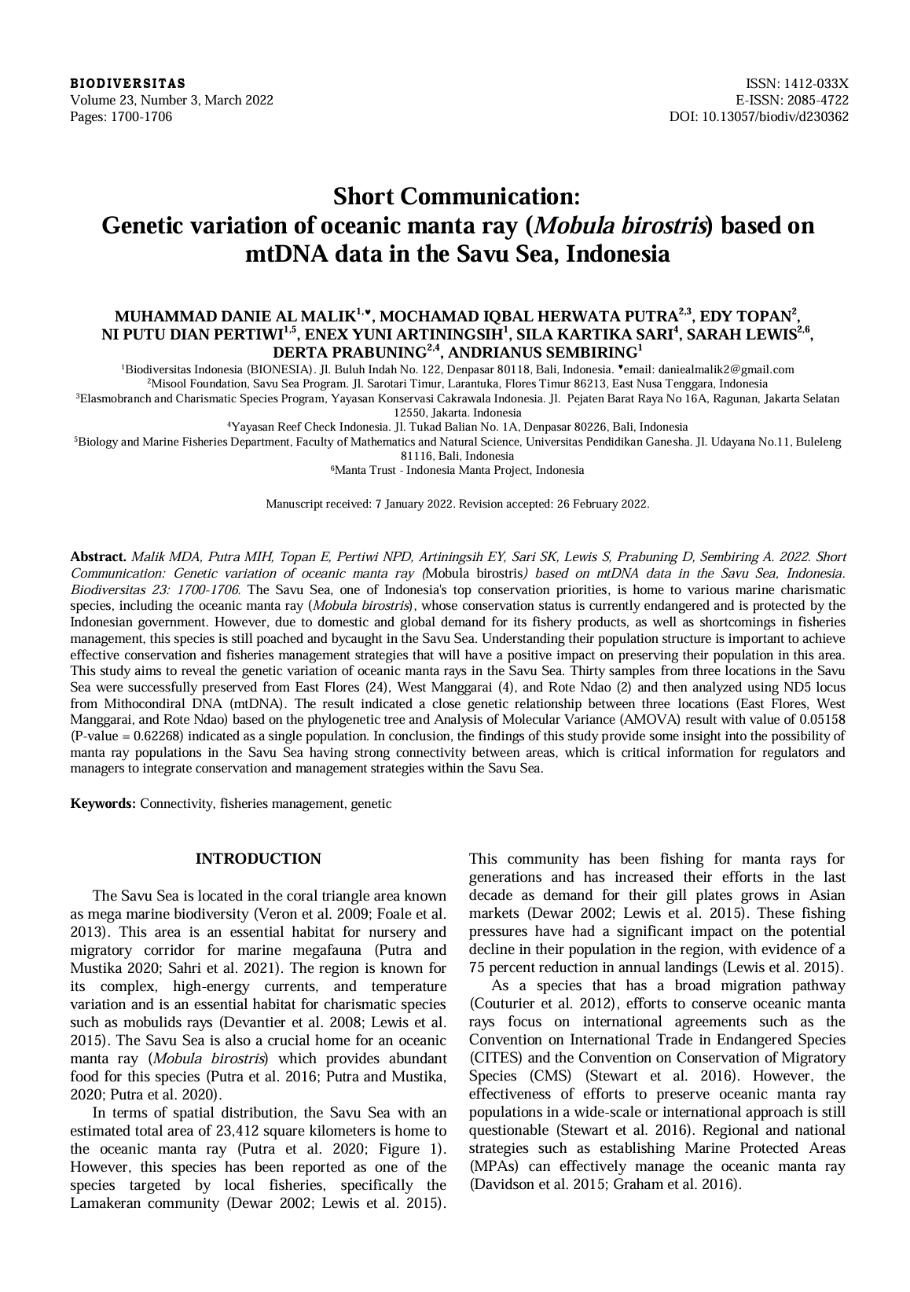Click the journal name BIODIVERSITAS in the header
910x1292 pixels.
pyautogui.click(x=128, y=83)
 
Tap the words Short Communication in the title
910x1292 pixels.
pyautogui.click(x=456, y=195)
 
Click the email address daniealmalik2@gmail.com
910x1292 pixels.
pyautogui.click(x=725, y=369)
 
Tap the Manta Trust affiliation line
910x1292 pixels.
pyautogui.click(x=458, y=471)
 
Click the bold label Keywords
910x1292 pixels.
pyautogui.click(x=103, y=804)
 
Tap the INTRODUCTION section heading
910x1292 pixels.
pyautogui.click(x=258, y=859)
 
